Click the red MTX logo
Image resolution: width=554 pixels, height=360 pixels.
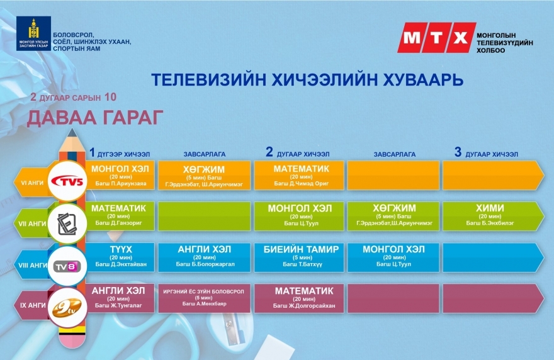click(437, 38)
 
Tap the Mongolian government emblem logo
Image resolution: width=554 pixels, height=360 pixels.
click(33, 33)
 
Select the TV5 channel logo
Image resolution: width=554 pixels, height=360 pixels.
click(67, 181)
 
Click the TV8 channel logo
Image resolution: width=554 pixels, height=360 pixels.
click(67, 266)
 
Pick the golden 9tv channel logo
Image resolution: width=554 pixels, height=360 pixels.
click(67, 307)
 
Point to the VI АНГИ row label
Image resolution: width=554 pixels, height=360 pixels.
click(32, 183)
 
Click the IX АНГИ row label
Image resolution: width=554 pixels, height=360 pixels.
click(33, 305)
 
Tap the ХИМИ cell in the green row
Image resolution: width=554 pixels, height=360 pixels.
click(490, 216)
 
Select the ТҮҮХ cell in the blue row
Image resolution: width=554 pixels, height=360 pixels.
click(120, 257)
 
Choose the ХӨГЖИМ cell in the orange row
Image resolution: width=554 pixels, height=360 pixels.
click(204, 176)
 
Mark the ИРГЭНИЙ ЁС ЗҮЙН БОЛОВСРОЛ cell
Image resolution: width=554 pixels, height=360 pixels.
click(204, 298)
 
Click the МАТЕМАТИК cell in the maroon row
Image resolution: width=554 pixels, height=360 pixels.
click(299, 298)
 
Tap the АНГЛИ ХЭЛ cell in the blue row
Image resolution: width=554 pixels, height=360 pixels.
click(204, 257)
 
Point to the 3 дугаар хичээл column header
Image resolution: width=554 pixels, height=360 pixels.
click(486, 152)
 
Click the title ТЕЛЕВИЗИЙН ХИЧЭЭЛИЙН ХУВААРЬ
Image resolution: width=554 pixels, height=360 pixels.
click(307, 80)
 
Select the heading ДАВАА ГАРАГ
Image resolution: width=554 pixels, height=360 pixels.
click(95, 117)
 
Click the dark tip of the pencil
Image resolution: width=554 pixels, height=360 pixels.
click(72, 132)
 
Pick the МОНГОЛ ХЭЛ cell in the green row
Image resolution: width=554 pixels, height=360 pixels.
click(299, 216)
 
